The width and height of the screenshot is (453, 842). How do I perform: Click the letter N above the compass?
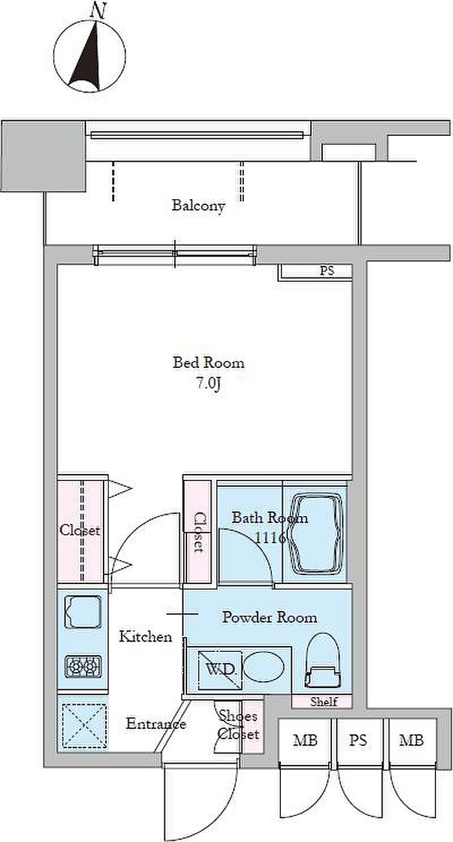coord(98,11)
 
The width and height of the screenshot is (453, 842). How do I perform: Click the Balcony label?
coord(198,206)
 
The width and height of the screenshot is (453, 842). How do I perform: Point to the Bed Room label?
coord(208,363)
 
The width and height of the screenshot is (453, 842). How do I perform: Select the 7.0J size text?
coord(208,383)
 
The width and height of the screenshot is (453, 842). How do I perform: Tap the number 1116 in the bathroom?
coord(270,538)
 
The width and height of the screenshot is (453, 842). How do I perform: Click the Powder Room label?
coord(269,617)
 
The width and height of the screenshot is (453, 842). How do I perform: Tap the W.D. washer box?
coord(220,670)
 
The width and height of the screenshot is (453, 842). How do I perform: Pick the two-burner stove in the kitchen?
coord(83,667)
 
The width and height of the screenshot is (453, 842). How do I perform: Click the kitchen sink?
coord(83,612)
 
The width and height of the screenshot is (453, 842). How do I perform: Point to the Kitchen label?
coord(146,636)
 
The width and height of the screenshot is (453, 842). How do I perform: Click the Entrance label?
coord(156,724)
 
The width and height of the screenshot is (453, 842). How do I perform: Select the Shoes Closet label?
coord(239,725)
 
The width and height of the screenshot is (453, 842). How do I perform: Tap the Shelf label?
coord(324,702)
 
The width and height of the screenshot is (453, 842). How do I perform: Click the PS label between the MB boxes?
coord(358,740)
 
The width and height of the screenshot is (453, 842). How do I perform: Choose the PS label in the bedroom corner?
coord(327,270)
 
